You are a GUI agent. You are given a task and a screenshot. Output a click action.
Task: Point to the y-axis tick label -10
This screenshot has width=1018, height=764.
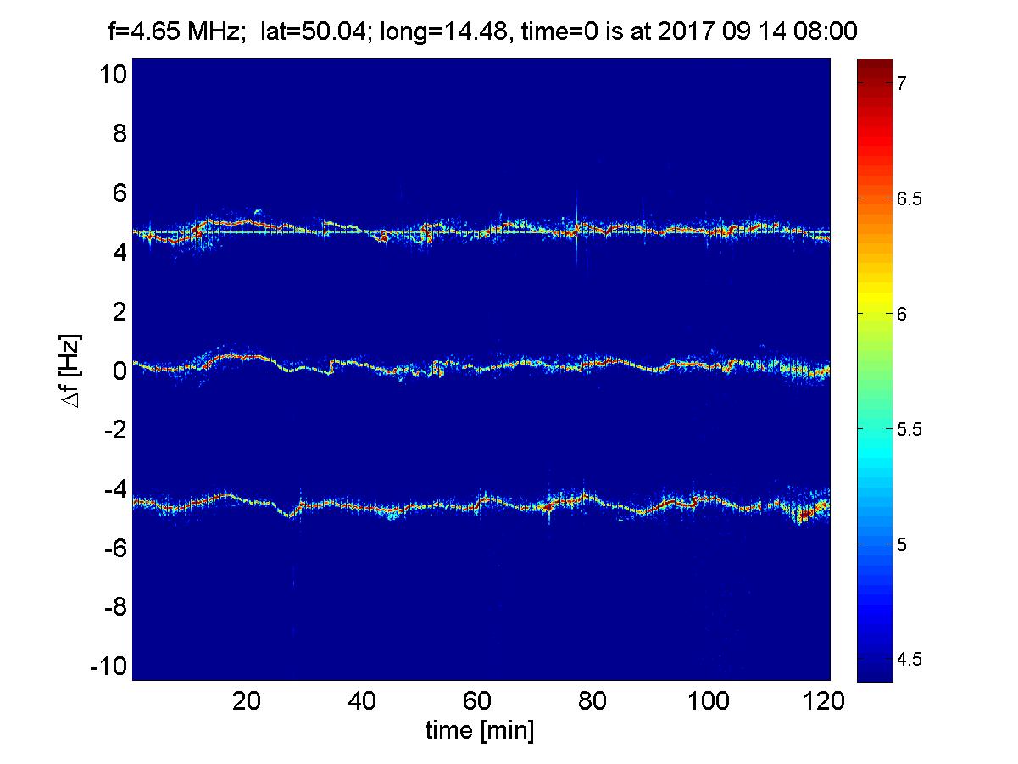108,666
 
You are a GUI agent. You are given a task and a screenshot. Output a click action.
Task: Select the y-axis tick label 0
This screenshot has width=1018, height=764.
120,371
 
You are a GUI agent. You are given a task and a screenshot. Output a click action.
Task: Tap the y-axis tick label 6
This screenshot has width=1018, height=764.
120,193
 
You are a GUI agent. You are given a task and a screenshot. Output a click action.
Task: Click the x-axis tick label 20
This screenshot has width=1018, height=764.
247,701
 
